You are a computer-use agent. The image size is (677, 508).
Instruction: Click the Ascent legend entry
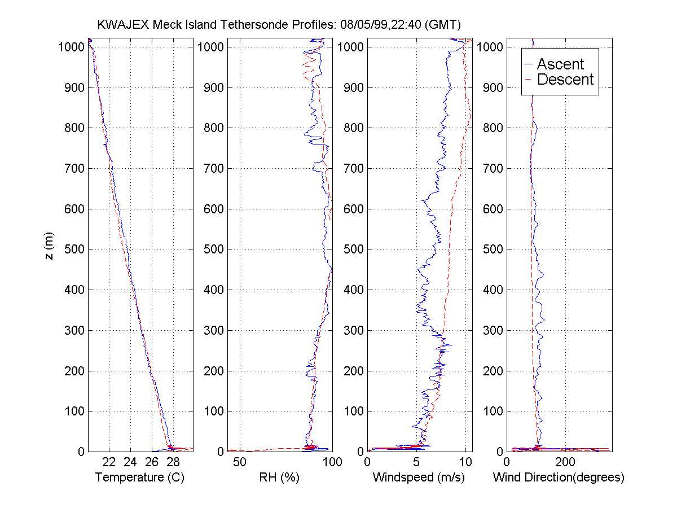(x=560, y=64)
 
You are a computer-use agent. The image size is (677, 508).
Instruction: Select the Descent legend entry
(x=565, y=80)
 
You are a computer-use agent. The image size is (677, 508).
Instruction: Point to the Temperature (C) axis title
(x=140, y=478)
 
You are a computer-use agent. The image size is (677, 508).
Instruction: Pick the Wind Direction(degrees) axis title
(x=559, y=478)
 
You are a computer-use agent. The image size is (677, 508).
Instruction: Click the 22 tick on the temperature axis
(x=109, y=462)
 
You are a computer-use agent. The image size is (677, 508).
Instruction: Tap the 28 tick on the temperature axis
(x=173, y=462)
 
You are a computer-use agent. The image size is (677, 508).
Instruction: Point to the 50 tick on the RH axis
(x=240, y=462)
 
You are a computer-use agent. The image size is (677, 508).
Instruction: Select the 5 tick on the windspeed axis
(x=416, y=462)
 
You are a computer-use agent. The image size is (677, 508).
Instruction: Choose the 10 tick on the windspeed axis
(x=465, y=462)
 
